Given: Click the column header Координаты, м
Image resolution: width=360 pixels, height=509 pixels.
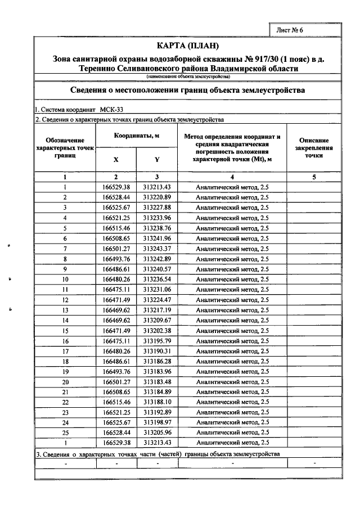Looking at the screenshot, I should click(137, 136).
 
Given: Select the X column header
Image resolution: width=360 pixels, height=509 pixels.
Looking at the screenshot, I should click(116, 159).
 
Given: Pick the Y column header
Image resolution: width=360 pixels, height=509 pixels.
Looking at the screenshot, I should click(157, 159).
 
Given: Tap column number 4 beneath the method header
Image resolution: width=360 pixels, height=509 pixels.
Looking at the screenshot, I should click(232, 177).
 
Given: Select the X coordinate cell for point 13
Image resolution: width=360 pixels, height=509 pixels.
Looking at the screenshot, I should click(116, 310).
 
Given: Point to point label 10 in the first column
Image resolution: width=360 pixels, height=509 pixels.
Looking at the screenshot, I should click(65, 279).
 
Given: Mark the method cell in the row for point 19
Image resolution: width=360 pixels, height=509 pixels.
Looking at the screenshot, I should click(232, 371).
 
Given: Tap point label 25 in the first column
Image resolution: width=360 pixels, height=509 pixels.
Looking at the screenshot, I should click(65, 433).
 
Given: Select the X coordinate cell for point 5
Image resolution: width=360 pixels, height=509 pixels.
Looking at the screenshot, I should click(116, 228).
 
